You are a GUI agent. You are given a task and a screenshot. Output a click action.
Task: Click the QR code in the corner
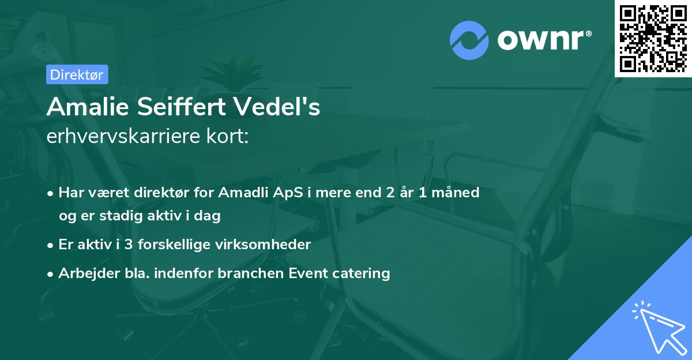tap(653, 38)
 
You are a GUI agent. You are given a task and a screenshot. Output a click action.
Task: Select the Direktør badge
tap(77, 74)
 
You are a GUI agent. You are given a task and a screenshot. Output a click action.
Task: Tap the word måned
tap(458, 193)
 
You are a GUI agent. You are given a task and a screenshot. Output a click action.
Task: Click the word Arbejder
tap(85, 273)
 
